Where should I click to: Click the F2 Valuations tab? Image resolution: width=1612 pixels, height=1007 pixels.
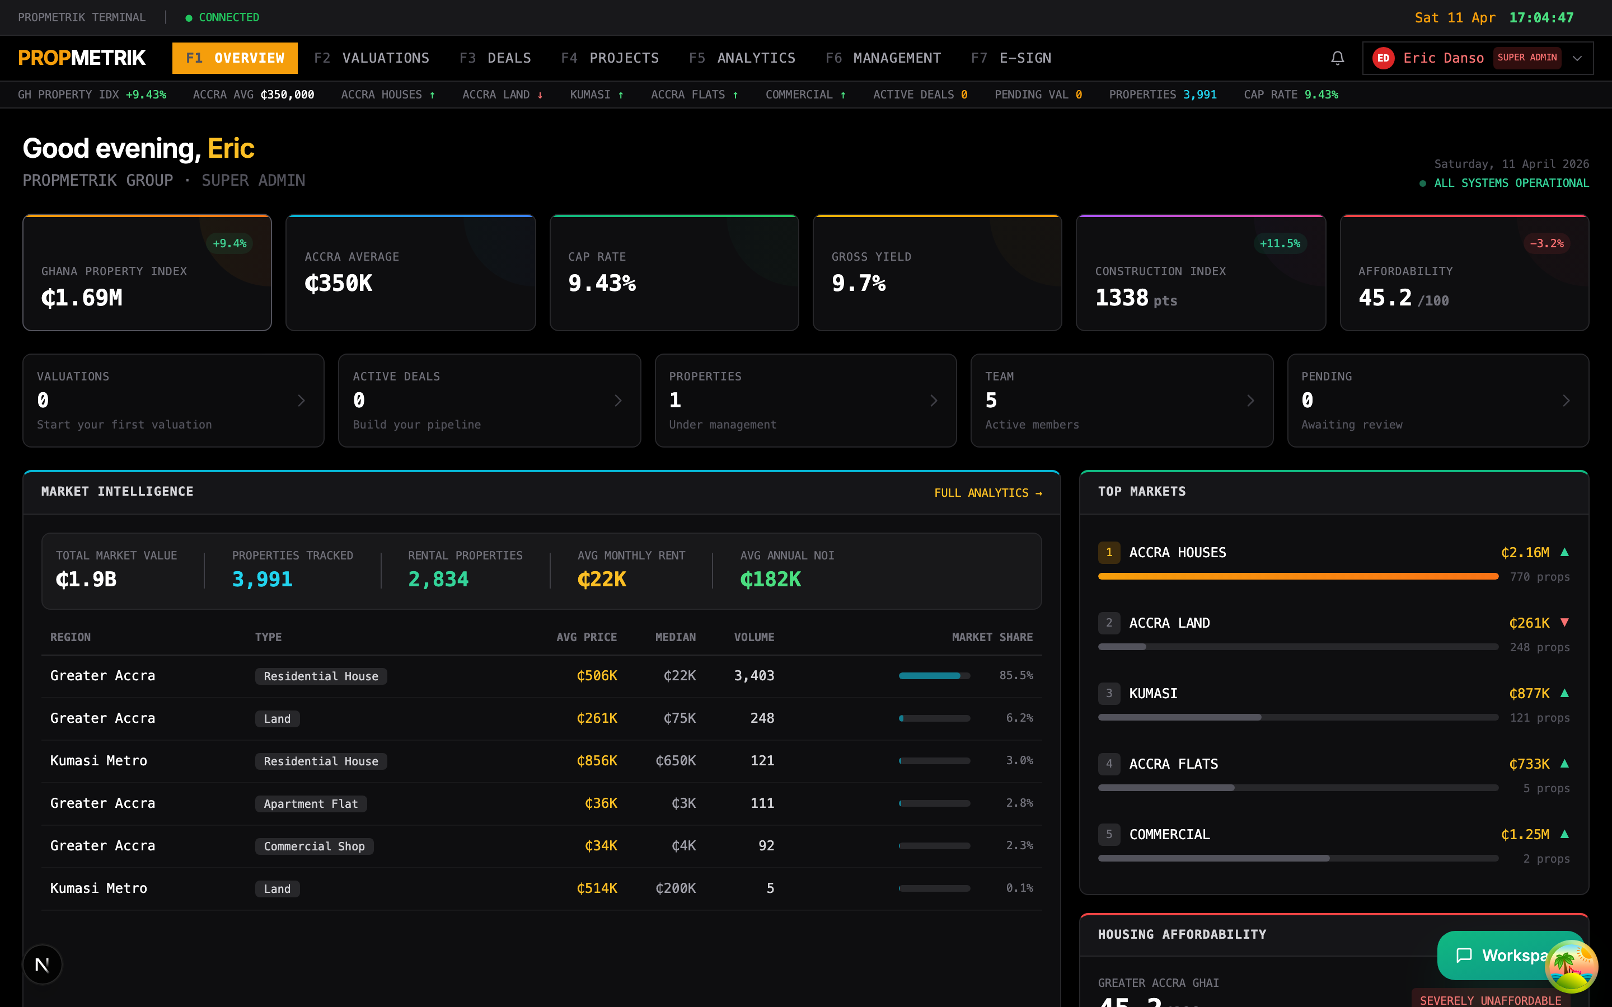[372, 58]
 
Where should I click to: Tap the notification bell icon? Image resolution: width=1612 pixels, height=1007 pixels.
[1337, 58]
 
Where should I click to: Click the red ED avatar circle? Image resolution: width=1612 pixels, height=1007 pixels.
[1383, 58]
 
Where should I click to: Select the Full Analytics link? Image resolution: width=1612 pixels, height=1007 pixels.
[988, 493]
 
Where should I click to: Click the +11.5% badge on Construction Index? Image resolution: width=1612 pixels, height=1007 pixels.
[1280, 244]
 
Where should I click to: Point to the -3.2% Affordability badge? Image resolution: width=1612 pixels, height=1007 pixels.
[1547, 244]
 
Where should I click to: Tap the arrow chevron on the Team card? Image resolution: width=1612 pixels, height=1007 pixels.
[1250, 400]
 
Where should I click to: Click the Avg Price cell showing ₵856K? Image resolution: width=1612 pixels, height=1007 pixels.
[597, 761]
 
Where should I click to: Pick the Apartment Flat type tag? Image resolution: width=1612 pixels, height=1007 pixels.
[311, 804]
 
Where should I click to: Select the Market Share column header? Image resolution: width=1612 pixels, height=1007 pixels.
[992, 637]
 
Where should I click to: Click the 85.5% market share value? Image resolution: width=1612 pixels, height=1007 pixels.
[1016, 675]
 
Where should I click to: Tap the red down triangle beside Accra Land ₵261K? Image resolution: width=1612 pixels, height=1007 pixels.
[1565, 622]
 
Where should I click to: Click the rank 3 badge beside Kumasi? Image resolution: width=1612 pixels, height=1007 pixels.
[1109, 693]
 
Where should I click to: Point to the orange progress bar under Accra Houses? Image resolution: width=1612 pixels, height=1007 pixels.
[1298, 576]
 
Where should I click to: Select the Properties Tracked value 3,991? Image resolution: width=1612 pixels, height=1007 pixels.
[263, 580]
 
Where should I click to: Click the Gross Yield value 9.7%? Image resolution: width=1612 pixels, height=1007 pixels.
[859, 284]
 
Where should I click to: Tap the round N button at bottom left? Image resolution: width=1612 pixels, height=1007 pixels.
[43, 964]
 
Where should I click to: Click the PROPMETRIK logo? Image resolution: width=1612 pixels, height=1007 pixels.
[82, 58]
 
